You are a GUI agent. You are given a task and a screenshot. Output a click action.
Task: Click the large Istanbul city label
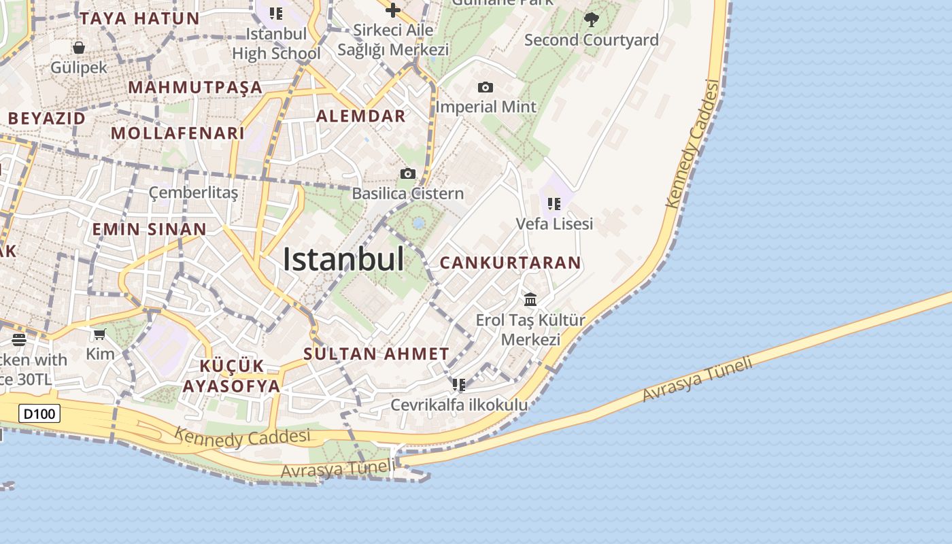tap(343, 260)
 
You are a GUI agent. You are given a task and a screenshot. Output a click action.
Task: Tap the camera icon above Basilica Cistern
tap(408, 173)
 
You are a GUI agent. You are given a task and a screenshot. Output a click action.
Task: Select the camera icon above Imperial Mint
tap(486, 87)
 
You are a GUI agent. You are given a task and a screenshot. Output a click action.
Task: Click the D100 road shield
tap(39, 413)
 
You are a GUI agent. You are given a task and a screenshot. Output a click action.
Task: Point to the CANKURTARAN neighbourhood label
tap(511, 262)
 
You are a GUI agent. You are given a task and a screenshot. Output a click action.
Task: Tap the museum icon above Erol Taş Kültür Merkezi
tap(530, 299)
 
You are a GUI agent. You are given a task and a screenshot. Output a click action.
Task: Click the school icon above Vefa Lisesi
tap(554, 203)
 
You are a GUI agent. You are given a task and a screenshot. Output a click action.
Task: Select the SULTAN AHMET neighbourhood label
tap(376, 354)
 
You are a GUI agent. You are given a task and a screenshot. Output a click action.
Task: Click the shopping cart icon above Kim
tap(100, 334)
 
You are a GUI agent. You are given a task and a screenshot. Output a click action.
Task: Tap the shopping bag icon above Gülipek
tap(79, 48)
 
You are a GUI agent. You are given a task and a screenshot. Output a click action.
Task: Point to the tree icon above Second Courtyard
tap(592, 19)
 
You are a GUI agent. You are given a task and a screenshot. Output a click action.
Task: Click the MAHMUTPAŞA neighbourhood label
tap(195, 87)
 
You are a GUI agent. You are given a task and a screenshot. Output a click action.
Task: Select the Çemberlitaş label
tap(194, 192)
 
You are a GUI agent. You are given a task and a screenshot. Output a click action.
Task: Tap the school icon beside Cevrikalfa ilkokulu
tap(460, 385)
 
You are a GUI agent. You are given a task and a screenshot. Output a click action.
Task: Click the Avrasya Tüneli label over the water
tap(698, 379)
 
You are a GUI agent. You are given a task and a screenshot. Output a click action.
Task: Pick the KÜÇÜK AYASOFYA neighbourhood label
tap(231, 376)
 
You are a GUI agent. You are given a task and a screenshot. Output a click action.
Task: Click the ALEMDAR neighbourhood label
tap(361, 116)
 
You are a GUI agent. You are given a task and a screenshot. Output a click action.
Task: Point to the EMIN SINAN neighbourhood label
tap(149, 228)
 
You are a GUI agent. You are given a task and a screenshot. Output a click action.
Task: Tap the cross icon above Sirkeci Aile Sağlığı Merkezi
tap(392, 10)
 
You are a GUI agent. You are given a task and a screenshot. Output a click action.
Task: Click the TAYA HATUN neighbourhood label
tap(139, 18)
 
